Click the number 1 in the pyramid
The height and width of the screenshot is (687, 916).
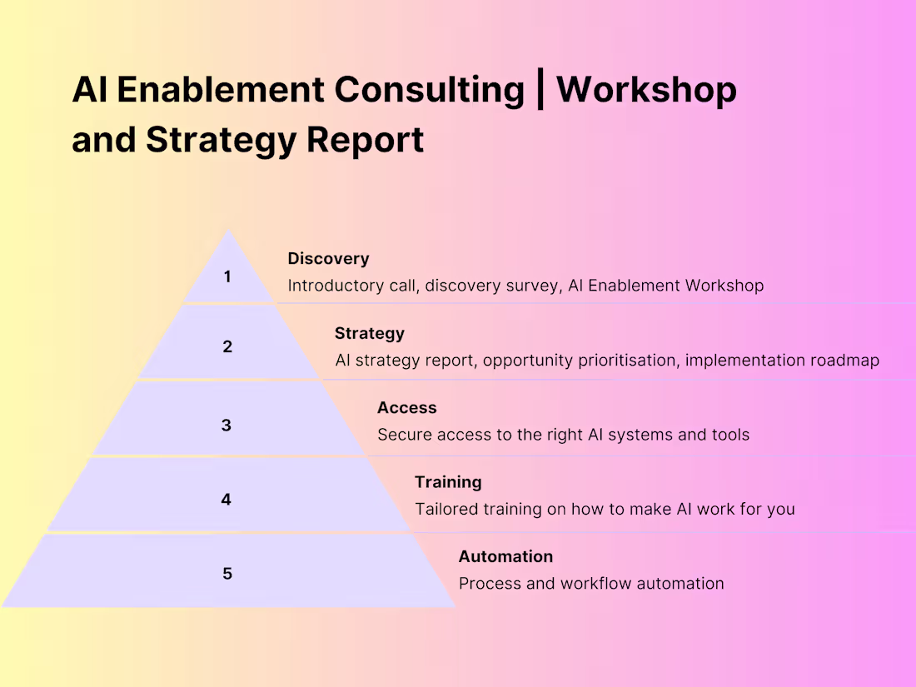click(227, 276)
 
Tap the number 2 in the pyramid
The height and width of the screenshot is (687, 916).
click(227, 347)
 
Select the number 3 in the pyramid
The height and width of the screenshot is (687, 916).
click(227, 426)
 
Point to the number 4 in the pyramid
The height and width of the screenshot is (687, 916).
click(227, 500)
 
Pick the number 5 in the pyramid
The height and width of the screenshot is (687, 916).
click(227, 574)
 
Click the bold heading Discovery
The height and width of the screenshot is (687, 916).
click(328, 259)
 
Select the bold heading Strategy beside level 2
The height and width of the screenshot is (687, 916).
click(369, 333)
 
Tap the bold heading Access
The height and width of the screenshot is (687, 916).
click(406, 408)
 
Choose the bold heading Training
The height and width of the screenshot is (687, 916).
click(448, 482)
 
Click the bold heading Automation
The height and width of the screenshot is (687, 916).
click(505, 556)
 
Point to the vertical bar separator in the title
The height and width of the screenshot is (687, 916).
click(540, 90)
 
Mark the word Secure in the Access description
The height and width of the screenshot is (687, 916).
click(404, 435)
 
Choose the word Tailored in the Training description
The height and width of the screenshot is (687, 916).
click(447, 509)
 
